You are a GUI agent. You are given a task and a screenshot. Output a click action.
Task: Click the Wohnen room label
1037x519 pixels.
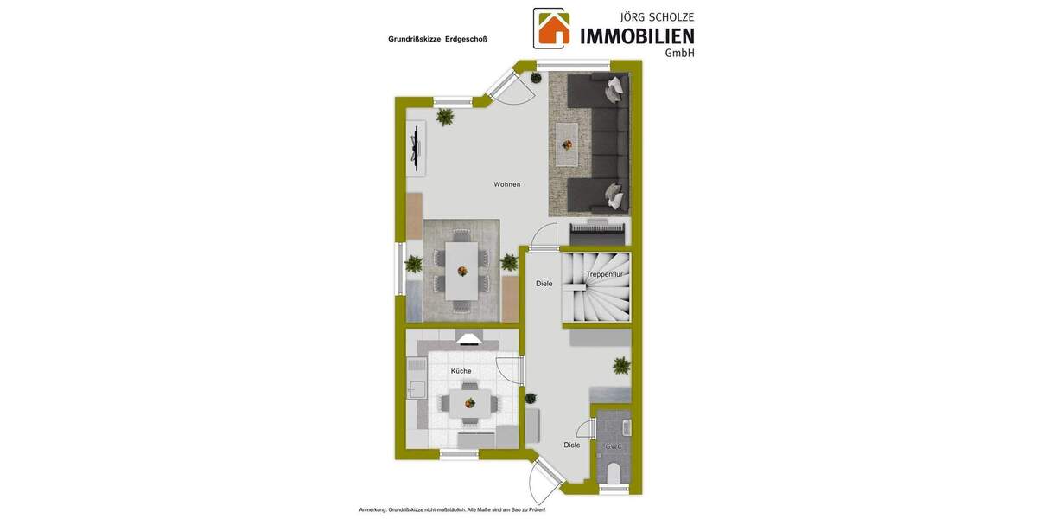506,184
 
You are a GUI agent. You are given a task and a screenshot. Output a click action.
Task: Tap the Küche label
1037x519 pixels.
461,371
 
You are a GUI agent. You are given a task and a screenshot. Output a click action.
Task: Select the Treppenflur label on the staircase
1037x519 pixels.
604,274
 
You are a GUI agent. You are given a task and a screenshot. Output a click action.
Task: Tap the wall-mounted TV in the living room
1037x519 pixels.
417,146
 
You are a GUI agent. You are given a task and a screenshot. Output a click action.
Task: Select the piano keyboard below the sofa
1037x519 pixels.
596,234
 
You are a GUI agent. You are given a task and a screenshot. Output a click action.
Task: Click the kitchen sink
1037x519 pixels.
416,388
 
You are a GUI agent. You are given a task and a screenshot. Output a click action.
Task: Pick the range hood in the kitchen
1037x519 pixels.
469,340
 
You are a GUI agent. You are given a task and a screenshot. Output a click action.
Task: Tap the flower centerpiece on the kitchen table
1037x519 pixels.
468,402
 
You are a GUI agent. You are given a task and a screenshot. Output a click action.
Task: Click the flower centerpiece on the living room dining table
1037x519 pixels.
462,271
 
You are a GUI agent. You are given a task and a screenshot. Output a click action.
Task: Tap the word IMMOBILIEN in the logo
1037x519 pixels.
637,36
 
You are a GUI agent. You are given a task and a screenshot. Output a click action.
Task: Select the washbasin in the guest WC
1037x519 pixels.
627,426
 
